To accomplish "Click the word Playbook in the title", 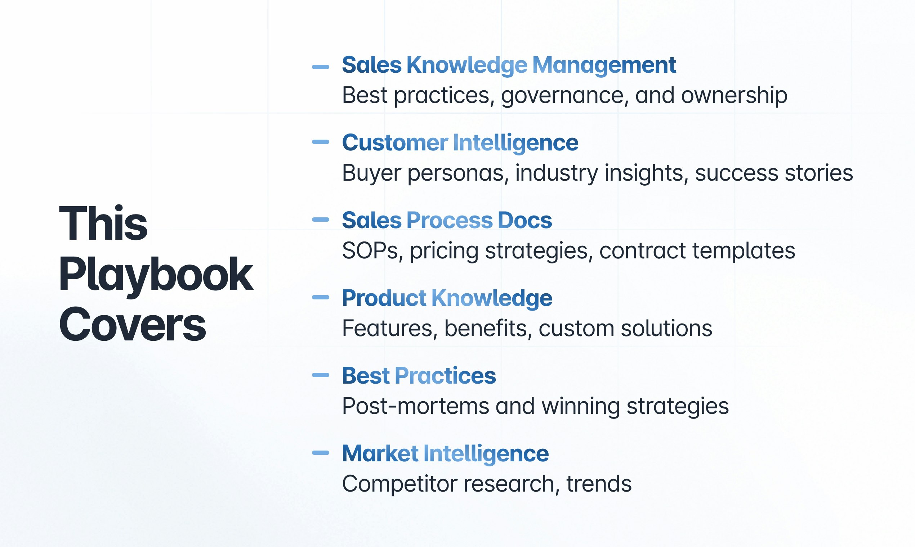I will (156, 275).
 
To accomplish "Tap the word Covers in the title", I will (132, 325).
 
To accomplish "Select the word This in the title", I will (103, 223).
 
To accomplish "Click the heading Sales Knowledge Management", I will (509, 65).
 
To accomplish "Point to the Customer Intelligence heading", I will (460, 143).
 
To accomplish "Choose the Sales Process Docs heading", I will (447, 221).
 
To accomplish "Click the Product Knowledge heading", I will (447, 298).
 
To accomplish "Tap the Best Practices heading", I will (419, 376).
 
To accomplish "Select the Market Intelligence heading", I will (445, 453).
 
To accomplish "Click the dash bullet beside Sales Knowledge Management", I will (320, 67).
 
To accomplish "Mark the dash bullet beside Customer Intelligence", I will (320, 142).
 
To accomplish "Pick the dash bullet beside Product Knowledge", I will (320, 297).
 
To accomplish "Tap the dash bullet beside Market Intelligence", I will (320, 453).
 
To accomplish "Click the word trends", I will (599, 484).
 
